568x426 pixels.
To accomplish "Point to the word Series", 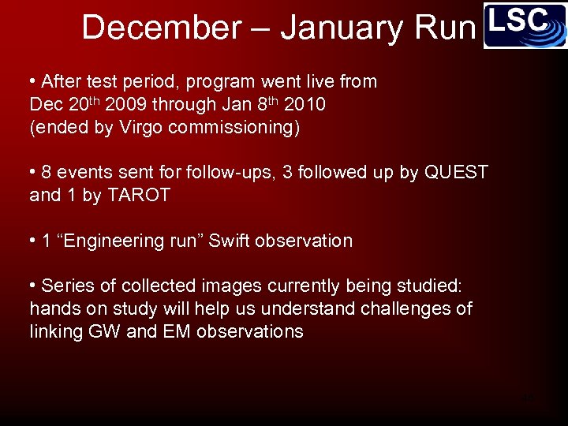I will tap(66, 286).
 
